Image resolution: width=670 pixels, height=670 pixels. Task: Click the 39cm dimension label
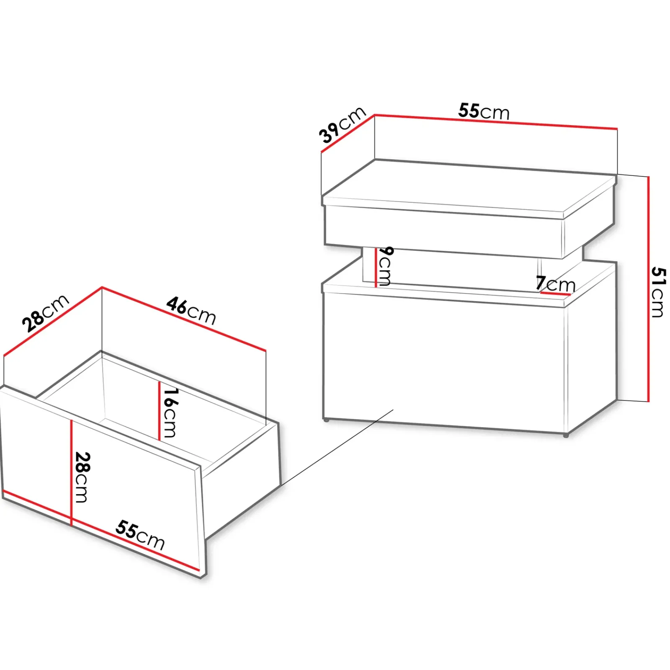coord(342,125)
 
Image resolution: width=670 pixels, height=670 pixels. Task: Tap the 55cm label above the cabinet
coord(484,111)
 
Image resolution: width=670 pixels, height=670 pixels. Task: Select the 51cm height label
coord(658,292)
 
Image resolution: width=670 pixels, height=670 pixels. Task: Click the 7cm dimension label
coord(556,284)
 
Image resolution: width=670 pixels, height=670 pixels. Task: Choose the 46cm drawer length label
coord(191,311)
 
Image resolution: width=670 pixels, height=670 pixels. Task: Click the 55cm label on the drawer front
coord(140,535)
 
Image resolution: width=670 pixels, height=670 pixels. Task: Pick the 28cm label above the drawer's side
coord(45,313)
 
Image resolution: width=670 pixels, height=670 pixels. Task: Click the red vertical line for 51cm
coord(648,289)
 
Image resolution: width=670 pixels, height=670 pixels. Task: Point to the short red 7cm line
coord(555,294)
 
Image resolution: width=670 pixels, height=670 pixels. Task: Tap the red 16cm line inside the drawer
coord(159,411)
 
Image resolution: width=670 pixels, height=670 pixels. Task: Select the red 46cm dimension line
coord(184,319)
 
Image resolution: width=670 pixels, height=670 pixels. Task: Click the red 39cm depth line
coord(348,133)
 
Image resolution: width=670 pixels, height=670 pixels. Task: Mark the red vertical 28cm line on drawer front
coord(72,472)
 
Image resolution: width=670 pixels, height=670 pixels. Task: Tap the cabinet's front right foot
coord(566,435)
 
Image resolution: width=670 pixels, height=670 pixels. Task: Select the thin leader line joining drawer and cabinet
coord(337,448)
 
